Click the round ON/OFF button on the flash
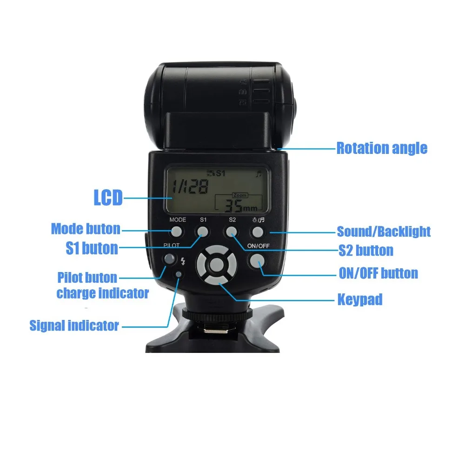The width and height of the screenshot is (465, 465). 257,262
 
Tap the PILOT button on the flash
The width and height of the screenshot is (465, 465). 169,259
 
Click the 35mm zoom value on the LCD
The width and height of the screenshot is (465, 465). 240,205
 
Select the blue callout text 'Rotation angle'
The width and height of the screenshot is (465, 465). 381,148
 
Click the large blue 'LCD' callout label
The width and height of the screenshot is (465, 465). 108,198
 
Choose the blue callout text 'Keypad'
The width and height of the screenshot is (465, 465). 359,299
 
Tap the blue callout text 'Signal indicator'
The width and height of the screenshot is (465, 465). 74,325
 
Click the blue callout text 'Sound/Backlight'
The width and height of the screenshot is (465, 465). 384,231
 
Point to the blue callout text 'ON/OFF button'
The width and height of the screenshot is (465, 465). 378,273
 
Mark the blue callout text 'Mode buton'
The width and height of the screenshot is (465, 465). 86,229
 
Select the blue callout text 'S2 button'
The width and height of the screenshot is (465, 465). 365,251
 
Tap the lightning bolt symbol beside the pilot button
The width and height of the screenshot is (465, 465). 182,261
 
